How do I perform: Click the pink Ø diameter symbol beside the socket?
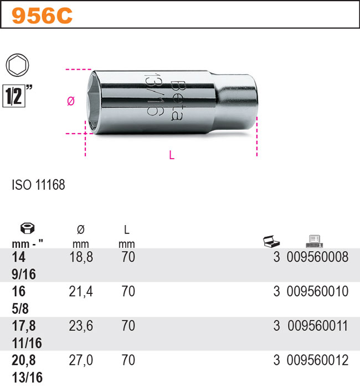[x=70, y=101]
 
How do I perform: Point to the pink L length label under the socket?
[x=172, y=156]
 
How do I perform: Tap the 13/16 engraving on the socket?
[x=151, y=95]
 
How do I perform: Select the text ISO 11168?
[x=38, y=185]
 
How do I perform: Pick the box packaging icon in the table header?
[x=271, y=241]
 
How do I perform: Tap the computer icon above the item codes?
[x=313, y=240]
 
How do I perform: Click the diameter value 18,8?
[x=80, y=258]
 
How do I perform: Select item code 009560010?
[x=318, y=292]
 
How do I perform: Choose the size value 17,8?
[x=23, y=326]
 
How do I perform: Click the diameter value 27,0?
[x=80, y=360]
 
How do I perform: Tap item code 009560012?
[x=318, y=360]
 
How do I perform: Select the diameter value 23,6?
[x=80, y=326]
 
